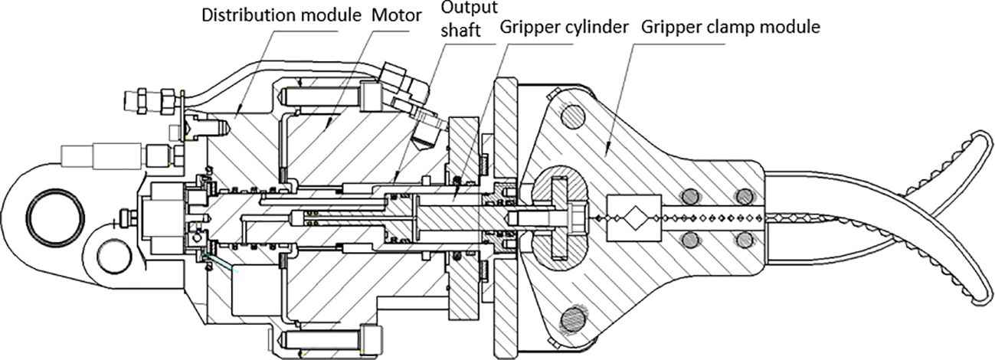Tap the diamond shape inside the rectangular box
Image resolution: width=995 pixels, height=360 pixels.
coord(633,218)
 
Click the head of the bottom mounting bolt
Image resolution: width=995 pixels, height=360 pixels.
coord(371,337)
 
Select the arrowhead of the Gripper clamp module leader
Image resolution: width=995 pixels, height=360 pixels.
coord(605,154)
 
